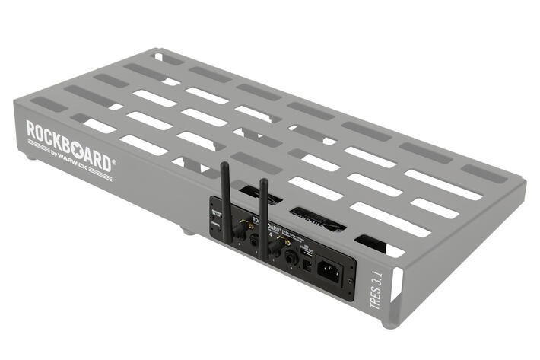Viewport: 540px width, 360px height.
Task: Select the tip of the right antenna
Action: tap(263, 182)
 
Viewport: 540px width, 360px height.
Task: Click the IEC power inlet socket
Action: tap(329, 270)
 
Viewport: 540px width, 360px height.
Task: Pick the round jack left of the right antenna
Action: tap(253, 239)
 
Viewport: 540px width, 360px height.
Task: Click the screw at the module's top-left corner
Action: tap(212, 202)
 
